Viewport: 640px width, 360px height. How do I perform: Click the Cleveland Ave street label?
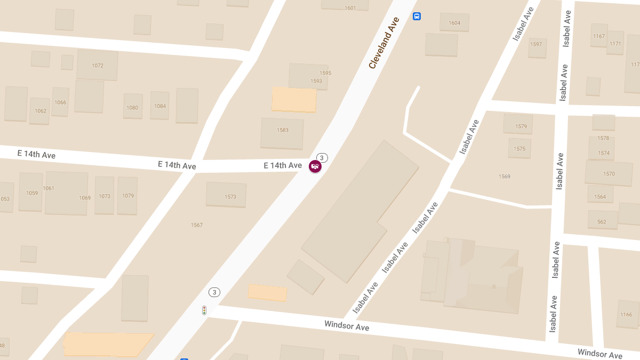click(x=384, y=43)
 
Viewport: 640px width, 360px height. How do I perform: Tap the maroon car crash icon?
click(x=315, y=166)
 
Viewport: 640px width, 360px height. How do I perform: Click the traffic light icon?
click(x=204, y=310)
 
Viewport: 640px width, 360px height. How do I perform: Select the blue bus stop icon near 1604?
click(x=417, y=16)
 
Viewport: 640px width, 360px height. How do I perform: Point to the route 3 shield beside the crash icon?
click(x=322, y=158)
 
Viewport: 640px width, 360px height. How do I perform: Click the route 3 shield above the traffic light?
click(x=214, y=292)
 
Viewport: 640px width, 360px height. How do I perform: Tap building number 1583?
click(x=283, y=130)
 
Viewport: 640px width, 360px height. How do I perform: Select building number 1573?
click(x=230, y=197)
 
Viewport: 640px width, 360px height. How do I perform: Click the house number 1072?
click(x=98, y=66)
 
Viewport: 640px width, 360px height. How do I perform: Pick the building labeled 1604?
click(x=454, y=23)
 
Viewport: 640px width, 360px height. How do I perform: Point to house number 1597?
click(x=536, y=44)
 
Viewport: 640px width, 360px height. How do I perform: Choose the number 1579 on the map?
click(x=521, y=126)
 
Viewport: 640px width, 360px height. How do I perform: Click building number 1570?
click(x=609, y=174)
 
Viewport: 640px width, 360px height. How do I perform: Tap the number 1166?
click(x=626, y=315)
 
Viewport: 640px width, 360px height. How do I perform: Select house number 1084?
click(x=160, y=106)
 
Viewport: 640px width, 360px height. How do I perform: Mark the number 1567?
click(x=197, y=225)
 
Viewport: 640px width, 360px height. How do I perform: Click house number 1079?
click(x=128, y=196)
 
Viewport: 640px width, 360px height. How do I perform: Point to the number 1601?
click(x=350, y=8)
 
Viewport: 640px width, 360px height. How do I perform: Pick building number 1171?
click(x=615, y=44)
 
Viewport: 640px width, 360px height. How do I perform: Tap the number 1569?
click(x=505, y=177)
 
